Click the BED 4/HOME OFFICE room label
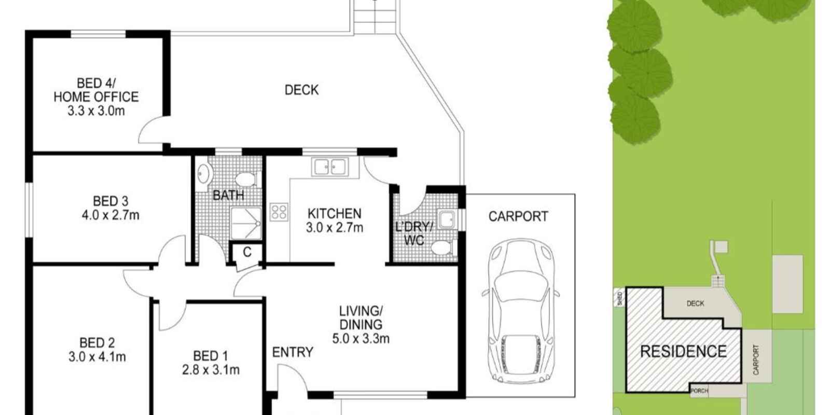(x=96, y=90)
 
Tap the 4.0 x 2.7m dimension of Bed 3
(x=110, y=215)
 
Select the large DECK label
(x=301, y=90)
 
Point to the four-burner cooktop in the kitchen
(x=279, y=212)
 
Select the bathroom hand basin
(x=203, y=174)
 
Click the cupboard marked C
(x=247, y=253)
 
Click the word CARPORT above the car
(x=518, y=216)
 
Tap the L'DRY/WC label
(x=413, y=233)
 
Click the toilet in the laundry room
(x=442, y=248)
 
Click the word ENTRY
(x=293, y=352)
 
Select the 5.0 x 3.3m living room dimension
(x=361, y=339)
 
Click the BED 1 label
(x=210, y=356)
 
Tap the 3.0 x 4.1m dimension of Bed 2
(x=97, y=357)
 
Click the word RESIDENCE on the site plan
(x=683, y=352)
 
